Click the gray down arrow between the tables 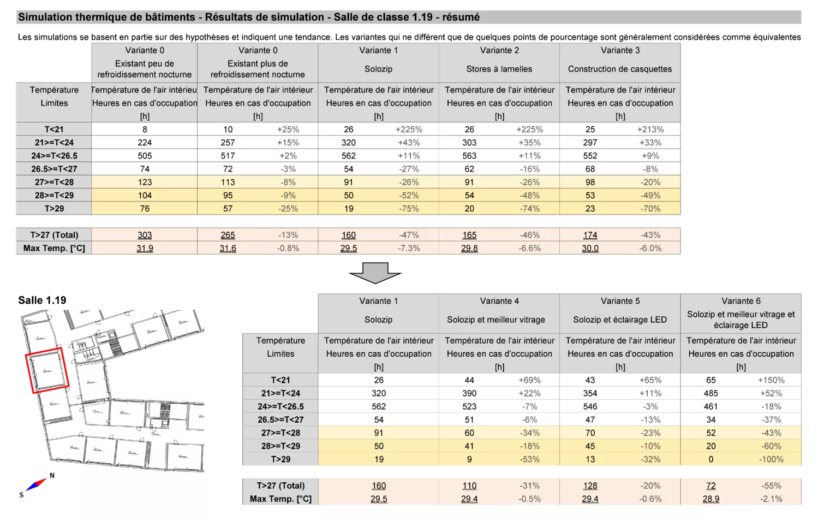tap(375, 273)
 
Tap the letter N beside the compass tap(52, 475)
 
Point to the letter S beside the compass tap(21, 495)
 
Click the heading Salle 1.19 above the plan tap(42, 300)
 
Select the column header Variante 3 tap(620, 50)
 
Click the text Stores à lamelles tap(499, 69)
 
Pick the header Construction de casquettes tap(620, 69)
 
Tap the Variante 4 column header tap(499, 301)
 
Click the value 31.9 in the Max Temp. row tap(145, 248)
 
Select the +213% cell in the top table tap(650, 129)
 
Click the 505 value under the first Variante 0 tap(145, 156)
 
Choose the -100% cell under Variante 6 tap(771, 459)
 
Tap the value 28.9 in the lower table tap(711, 499)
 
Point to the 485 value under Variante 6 tap(711, 393)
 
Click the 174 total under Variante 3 tap(590, 235)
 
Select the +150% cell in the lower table tap(771, 380)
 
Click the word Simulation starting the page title tap(45, 17)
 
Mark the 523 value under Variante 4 tap(469, 406)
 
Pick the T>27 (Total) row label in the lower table tap(280, 486)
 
